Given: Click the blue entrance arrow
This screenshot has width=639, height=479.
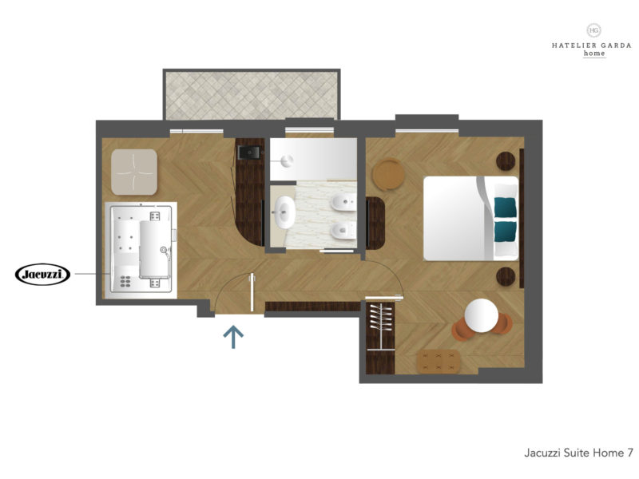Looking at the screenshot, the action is tap(233, 337).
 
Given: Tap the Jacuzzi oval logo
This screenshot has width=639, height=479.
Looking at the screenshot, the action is tap(43, 274).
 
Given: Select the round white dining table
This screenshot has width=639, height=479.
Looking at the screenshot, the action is tap(482, 315).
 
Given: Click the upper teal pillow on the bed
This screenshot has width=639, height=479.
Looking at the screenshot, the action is tap(506, 208).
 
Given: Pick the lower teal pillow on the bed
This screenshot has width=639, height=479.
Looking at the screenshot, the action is tap(506, 232).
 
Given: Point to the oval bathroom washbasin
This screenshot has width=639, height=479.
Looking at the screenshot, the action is tap(284, 212).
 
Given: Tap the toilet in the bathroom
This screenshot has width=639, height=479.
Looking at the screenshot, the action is tap(343, 231).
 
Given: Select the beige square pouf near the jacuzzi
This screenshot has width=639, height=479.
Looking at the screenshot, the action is tap(134, 172).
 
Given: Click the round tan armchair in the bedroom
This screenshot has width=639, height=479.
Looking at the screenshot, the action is tap(389, 174).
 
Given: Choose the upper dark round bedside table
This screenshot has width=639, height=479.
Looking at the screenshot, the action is tap(506, 161).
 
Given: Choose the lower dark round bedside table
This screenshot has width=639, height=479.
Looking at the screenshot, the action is tap(506, 276).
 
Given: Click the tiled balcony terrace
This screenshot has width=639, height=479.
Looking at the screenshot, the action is tap(252, 95).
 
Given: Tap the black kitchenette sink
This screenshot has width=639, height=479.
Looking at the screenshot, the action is tap(249, 152).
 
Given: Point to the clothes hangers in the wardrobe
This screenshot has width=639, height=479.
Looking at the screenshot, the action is tap(381, 317).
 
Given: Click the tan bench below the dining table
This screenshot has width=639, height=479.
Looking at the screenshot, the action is tap(439, 362).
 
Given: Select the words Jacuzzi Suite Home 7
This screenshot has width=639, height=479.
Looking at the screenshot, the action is tap(578, 453).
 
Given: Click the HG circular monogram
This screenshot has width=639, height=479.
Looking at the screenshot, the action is tap(594, 30).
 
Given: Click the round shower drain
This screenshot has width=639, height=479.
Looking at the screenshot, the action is tap(288, 161).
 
